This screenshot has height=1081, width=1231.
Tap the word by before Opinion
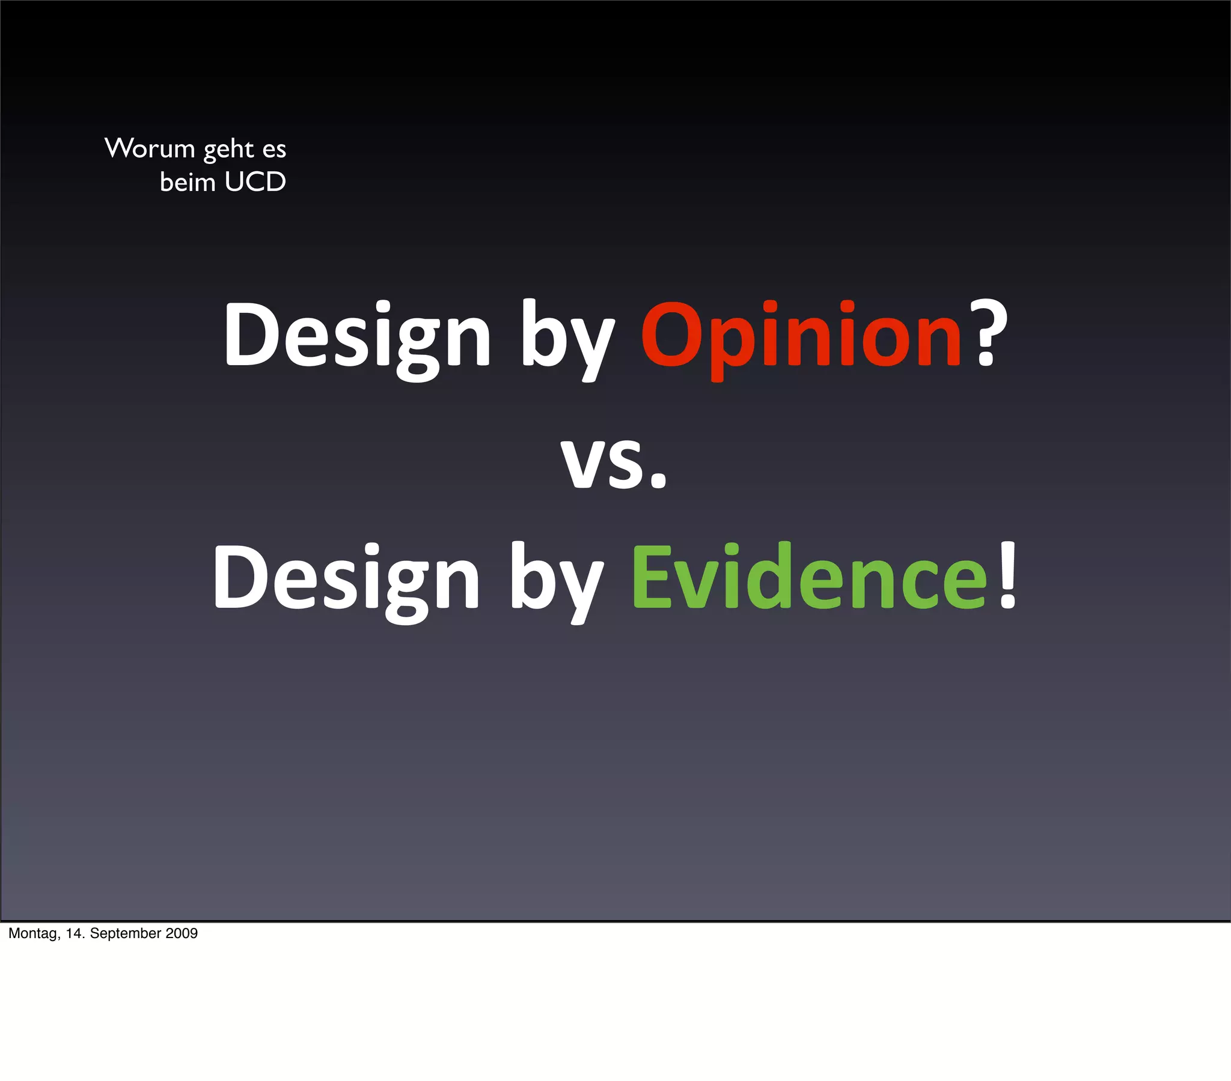[x=567, y=337]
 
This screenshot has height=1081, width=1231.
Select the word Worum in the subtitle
[x=150, y=148]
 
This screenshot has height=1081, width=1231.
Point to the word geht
[x=228, y=150]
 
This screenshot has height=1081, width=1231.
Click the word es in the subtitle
[x=274, y=150]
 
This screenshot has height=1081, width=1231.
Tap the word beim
[x=188, y=182]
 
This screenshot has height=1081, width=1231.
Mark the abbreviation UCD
[x=255, y=182]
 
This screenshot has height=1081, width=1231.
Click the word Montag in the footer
[x=34, y=933]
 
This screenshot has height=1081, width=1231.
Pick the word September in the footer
[x=126, y=933]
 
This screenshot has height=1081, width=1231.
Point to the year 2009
[x=182, y=933]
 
